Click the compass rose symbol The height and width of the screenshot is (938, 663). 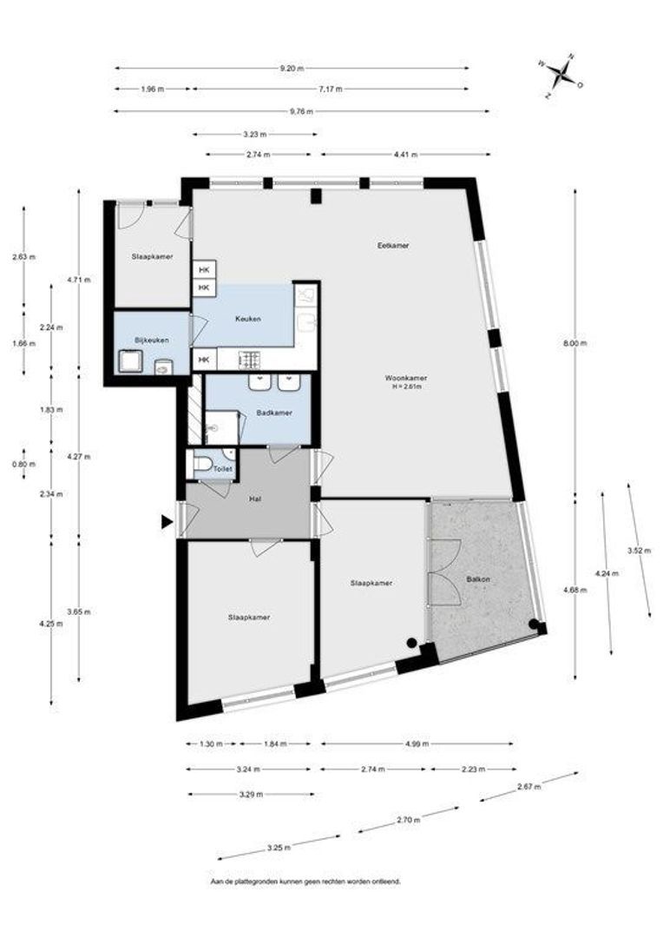[561, 76]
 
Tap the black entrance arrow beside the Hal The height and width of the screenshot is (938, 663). [167, 522]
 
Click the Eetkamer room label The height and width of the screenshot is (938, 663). [393, 245]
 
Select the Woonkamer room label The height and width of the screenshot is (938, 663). [406, 378]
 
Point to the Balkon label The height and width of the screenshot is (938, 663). [478, 579]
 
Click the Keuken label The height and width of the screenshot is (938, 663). [248, 319]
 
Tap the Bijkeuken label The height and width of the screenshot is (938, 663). [152, 340]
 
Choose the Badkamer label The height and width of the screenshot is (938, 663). [274, 413]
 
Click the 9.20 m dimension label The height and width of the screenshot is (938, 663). [292, 69]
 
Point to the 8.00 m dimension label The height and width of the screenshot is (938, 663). [575, 343]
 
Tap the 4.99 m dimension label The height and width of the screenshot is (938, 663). [417, 744]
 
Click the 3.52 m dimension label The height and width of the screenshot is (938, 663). [639, 551]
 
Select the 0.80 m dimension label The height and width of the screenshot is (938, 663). [24, 464]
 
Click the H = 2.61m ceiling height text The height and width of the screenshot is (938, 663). [406, 386]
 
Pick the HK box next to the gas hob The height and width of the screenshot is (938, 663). [205, 360]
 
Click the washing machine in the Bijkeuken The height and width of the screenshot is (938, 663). [129, 362]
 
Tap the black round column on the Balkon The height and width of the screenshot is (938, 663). [533, 624]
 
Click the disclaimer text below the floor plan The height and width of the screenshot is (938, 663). [305, 882]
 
